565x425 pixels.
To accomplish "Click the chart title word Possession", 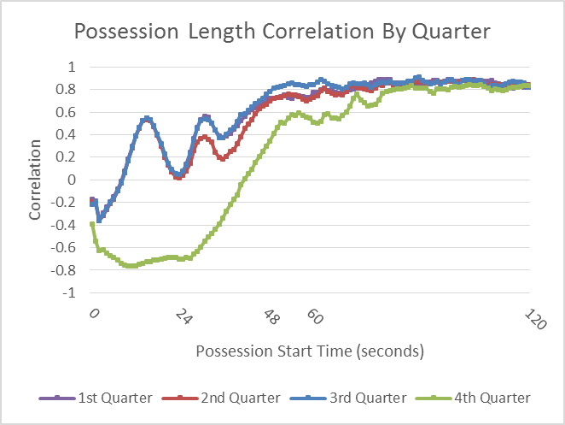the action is coord(126,32).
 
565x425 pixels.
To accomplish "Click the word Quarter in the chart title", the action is coord(451,32).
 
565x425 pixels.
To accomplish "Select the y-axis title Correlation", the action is coord(35,180).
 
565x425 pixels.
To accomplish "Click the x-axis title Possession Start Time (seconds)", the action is coord(310,351).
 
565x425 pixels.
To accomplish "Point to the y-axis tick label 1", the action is coord(72,67).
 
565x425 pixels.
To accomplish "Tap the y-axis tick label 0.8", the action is coord(66,89).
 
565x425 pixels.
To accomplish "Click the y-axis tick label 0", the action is coord(72,180).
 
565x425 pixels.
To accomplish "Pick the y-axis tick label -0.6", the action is coord(63,247).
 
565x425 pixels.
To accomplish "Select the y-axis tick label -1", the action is coord(69,292).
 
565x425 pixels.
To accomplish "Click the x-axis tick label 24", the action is coord(183,316).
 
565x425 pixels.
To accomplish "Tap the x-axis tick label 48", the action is coord(271,316).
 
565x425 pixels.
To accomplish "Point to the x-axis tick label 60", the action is coord(315,316).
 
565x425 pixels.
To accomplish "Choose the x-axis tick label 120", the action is coord(535,319).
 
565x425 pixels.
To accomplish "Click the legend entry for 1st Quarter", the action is coord(96,398).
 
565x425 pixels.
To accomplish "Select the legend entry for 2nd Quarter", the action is coord(221,398).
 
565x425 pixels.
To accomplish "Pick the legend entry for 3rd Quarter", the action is coord(348,398).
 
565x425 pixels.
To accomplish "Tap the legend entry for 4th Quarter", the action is coord(473,398).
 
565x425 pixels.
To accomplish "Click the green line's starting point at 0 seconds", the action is coord(92,224).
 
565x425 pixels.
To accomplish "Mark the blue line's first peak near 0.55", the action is coord(147,119).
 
